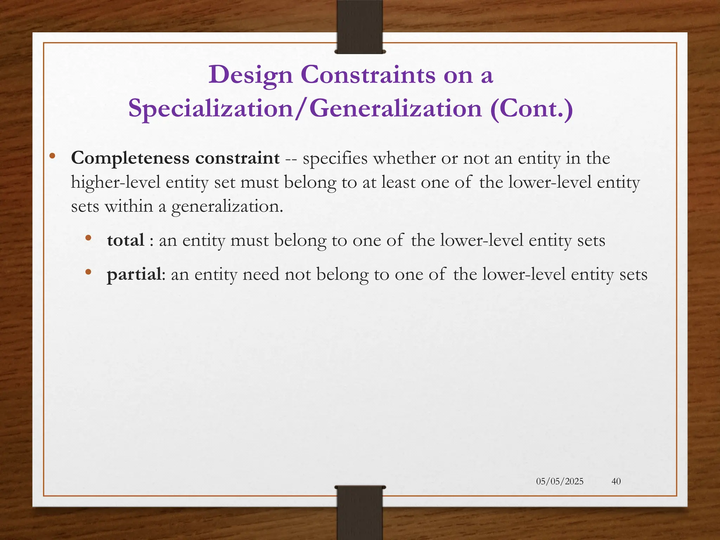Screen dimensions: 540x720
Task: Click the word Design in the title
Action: click(x=250, y=75)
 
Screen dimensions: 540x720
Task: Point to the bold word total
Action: click(x=126, y=240)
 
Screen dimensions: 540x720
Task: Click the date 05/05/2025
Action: click(x=560, y=481)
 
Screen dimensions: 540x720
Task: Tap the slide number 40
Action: click(x=616, y=481)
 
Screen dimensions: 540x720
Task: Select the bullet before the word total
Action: click(x=88, y=238)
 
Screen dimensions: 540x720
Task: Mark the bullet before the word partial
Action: click(x=88, y=272)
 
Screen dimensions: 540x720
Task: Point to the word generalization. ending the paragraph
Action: click(x=227, y=206)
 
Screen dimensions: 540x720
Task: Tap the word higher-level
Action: click(x=116, y=182)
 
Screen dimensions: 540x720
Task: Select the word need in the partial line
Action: click(x=261, y=275)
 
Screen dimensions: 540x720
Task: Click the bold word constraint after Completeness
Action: click(x=238, y=158)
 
